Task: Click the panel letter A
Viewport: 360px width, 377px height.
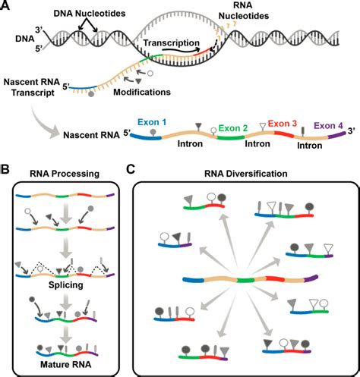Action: [7, 7]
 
